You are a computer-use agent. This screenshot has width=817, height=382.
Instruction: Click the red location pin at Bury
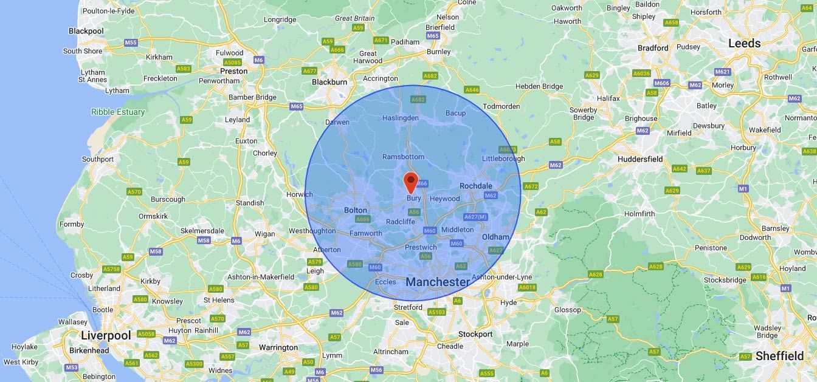[x=411, y=181]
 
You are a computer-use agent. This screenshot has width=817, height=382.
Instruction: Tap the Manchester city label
[x=438, y=282]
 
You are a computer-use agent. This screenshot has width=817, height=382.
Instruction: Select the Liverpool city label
[x=106, y=336]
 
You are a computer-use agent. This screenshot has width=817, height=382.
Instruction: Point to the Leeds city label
[x=744, y=43]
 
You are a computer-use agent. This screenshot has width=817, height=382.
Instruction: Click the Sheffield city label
[x=779, y=356]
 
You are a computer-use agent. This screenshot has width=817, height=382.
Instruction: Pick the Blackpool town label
[x=86, y=31]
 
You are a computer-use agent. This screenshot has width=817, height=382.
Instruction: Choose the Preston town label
[x=233, y=71]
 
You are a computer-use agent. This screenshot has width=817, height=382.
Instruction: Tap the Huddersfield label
[x=640, y=159]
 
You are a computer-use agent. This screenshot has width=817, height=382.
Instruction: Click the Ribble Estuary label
[x=118, y=112]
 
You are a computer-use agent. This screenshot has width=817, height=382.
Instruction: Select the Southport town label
[x=98, y=159]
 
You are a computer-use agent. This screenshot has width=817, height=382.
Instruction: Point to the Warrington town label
[x=278, y=348]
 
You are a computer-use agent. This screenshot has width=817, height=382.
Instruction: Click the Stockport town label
[x=475, y=334]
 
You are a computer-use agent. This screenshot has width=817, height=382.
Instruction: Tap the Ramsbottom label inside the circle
[x=403, y=157]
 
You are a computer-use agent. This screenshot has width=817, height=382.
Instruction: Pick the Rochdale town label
[x=476, y=186]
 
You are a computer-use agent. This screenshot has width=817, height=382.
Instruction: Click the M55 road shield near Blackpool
[x=131, y=43]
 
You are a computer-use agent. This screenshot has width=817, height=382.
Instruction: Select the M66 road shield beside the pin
[x=422, y=183]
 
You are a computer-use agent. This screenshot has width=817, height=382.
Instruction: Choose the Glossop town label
[x=568, y=310]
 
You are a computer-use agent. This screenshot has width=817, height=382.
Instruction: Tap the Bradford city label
[x=653, y=48]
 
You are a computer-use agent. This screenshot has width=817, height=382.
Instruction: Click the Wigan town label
[x=264, y=234]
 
